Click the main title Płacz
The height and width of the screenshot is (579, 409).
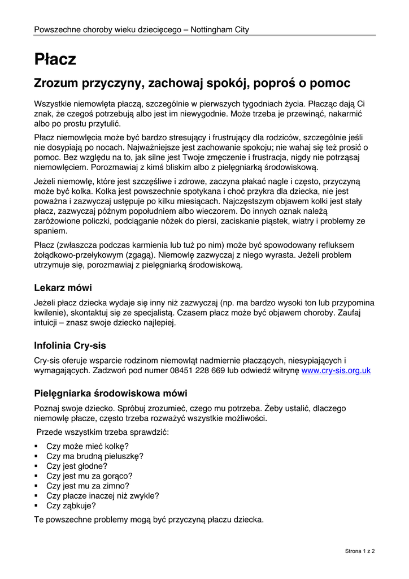[55, 59]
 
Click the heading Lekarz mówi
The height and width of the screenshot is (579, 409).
[63, 287]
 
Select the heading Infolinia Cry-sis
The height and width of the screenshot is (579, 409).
[70, 345]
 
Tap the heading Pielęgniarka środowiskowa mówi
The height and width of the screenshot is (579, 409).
[111, 393]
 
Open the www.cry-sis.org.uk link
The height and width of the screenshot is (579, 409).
[336, 370]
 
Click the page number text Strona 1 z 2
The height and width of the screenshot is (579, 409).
[360, 550]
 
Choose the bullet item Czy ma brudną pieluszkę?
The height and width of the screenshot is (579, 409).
[95, 456]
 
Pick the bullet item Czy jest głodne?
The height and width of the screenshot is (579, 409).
[77, 466]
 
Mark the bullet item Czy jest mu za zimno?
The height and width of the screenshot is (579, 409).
[88, 486]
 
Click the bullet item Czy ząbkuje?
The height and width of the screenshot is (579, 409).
[71, 506]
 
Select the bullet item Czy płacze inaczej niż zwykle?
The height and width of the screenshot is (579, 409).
[103, 496]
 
